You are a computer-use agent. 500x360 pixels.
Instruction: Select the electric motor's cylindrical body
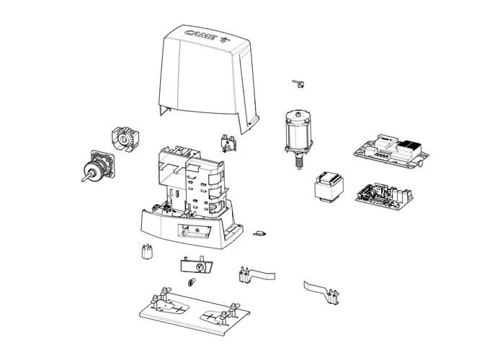297,130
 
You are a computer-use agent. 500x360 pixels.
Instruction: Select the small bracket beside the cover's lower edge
231,141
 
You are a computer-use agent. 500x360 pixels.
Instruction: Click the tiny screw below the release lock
192,281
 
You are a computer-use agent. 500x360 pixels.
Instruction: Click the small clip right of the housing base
260,233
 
